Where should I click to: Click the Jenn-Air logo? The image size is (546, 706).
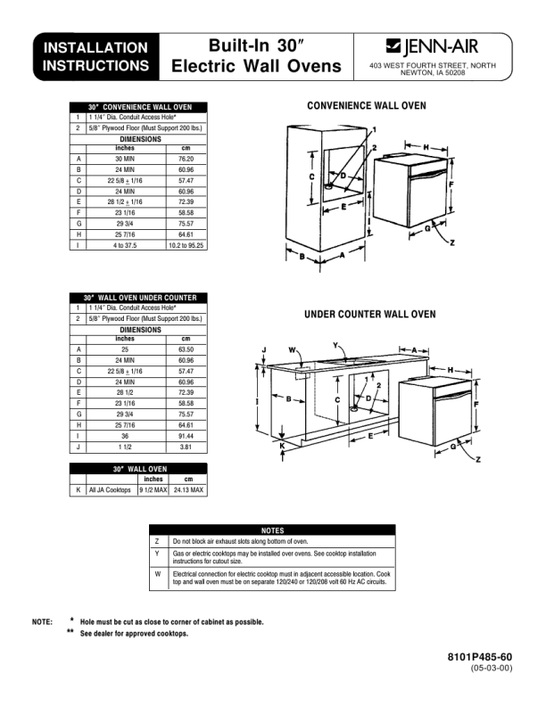tap(432, 47)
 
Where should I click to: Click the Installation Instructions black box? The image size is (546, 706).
tap(96, 56)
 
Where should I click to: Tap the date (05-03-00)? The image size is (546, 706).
tap(492, 669)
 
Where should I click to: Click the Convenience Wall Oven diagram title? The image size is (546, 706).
tap(367, 106)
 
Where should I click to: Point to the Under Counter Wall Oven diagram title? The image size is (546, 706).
tap(370, 315)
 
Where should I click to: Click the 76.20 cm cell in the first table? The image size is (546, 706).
tap(186, 158)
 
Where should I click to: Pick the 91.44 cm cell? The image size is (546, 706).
tap(186, 437)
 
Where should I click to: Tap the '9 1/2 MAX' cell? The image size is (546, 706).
tap(153, 490)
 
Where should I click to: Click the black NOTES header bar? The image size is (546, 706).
tap(272, 530)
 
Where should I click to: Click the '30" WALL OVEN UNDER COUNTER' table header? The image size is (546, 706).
tap(139, 298)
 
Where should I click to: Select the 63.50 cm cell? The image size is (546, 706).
tap(186, 349)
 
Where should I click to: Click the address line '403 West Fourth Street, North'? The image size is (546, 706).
tap(433, 66)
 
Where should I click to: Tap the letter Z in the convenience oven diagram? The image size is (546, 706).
tap(453, 242)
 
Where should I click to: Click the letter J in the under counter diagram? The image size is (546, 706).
tap(263, 349)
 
